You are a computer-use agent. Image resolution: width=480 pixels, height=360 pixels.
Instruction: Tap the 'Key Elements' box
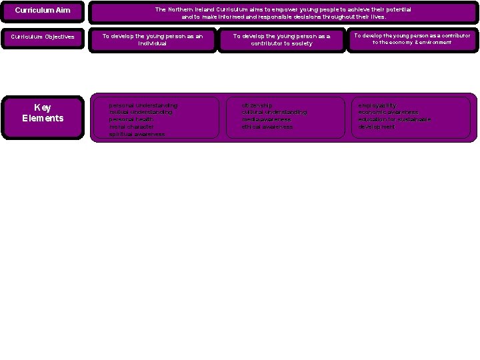pos(43,113)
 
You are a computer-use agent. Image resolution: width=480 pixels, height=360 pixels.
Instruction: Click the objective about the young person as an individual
pos(152,39)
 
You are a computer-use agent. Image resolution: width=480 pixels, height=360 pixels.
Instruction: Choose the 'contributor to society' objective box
pos(281,39)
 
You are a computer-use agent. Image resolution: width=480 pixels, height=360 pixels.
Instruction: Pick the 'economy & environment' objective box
pos(411,39)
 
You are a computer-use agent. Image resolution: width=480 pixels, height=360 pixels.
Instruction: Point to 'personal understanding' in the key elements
pos(143,105)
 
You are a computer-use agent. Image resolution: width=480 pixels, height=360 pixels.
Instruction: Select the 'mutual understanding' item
pos(141,113)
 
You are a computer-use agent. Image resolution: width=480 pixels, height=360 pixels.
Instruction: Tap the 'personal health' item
pos(131,119)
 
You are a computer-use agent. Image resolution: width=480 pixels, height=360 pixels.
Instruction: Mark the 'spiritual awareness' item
pos(137,134)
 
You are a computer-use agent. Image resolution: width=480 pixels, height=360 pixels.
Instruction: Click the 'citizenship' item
pos(257,105)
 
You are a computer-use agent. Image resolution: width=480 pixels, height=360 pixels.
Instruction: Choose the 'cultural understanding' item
pos(274,113)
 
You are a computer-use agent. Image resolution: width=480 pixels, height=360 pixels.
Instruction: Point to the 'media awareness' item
pos(266,119)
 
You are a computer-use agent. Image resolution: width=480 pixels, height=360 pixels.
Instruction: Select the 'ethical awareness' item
pos(267,127)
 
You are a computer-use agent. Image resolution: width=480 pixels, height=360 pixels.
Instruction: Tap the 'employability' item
pos(377,105)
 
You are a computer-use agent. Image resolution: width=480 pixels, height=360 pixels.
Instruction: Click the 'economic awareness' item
pos(388,113)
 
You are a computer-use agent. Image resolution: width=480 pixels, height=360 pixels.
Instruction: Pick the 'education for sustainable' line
pos(394,119)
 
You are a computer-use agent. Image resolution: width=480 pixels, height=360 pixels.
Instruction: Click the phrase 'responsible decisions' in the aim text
pos(269,17)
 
